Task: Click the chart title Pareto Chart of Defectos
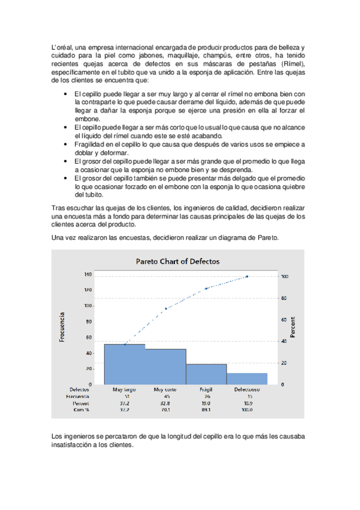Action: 178,262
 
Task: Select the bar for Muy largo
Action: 124,364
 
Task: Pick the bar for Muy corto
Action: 165,366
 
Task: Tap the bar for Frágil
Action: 206,373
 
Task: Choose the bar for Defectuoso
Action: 247,378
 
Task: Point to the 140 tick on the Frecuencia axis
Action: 88,274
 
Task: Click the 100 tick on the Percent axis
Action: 285,277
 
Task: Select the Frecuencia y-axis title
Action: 63,327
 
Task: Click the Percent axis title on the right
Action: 293,327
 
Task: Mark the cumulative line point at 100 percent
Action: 247,277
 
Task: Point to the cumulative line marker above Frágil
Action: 206,289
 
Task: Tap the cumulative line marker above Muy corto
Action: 165,309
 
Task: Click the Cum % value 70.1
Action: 165,410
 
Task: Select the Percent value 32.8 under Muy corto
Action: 165,404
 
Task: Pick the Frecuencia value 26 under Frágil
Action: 206,397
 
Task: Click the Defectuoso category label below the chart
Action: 246,390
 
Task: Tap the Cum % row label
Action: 81,410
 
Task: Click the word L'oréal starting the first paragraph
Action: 63,48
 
